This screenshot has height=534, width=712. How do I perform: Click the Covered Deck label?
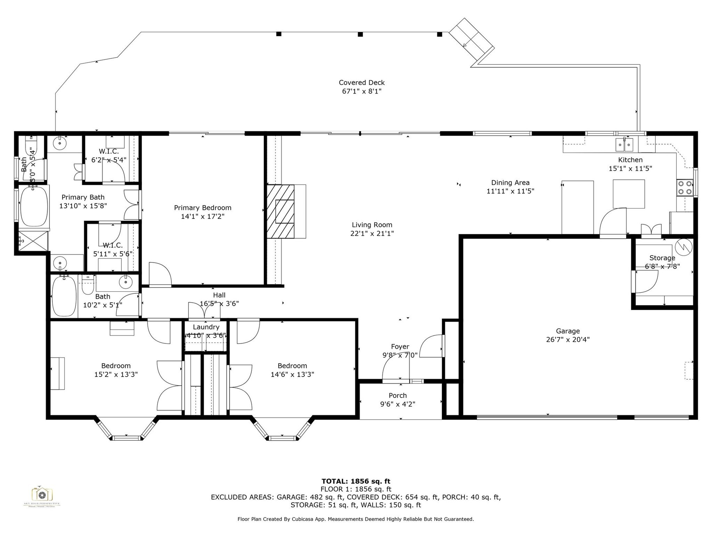point(362,83)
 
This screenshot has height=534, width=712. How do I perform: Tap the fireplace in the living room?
point(281,211)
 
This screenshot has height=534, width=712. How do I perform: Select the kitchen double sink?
point(624,144)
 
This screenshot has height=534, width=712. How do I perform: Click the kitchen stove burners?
point(685,188)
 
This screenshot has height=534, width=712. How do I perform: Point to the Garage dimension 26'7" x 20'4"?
point(568,340)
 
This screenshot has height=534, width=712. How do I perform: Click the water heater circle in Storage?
point(683,247)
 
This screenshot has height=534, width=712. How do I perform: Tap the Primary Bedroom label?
point(203,208)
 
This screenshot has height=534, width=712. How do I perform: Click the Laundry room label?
point(206,327)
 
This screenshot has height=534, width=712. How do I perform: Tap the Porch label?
point(398,396)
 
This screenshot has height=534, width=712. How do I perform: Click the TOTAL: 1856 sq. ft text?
point(356,481)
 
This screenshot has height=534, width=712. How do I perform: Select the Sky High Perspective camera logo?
point(42,495)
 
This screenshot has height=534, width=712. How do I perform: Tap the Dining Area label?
point(510,183)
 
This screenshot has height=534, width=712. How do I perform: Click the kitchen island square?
point(629,194)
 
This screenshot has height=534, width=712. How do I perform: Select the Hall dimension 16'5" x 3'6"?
point(219,304)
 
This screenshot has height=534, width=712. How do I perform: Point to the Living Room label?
point(372,225)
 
